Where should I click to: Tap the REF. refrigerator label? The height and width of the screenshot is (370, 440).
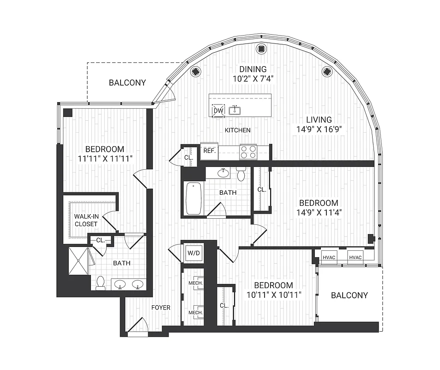tap(209, 151)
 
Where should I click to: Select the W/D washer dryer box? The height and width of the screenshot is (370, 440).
tap(192, 253)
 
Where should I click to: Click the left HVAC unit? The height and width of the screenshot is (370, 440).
tap(329, 258)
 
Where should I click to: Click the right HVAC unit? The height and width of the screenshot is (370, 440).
tap(356, 258)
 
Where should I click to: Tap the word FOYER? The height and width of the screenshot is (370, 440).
tap(161, 307)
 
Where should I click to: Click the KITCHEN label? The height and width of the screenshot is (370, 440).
tap(237, 130)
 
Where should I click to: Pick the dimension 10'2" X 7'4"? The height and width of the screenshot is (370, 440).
tap(253, 78)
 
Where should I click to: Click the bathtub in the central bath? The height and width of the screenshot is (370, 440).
tap(194, 198)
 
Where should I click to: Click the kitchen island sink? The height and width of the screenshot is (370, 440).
tap(235, 110)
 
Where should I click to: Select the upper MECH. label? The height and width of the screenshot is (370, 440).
tap(196, 283)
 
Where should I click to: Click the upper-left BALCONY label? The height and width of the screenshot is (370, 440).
tap(127, 83)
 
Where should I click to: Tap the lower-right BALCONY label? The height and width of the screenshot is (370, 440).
tap(350, 295)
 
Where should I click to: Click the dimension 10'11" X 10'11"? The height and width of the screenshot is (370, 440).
tap(269, 295)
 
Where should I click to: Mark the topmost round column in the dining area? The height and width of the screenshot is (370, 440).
tap(261, 48)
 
